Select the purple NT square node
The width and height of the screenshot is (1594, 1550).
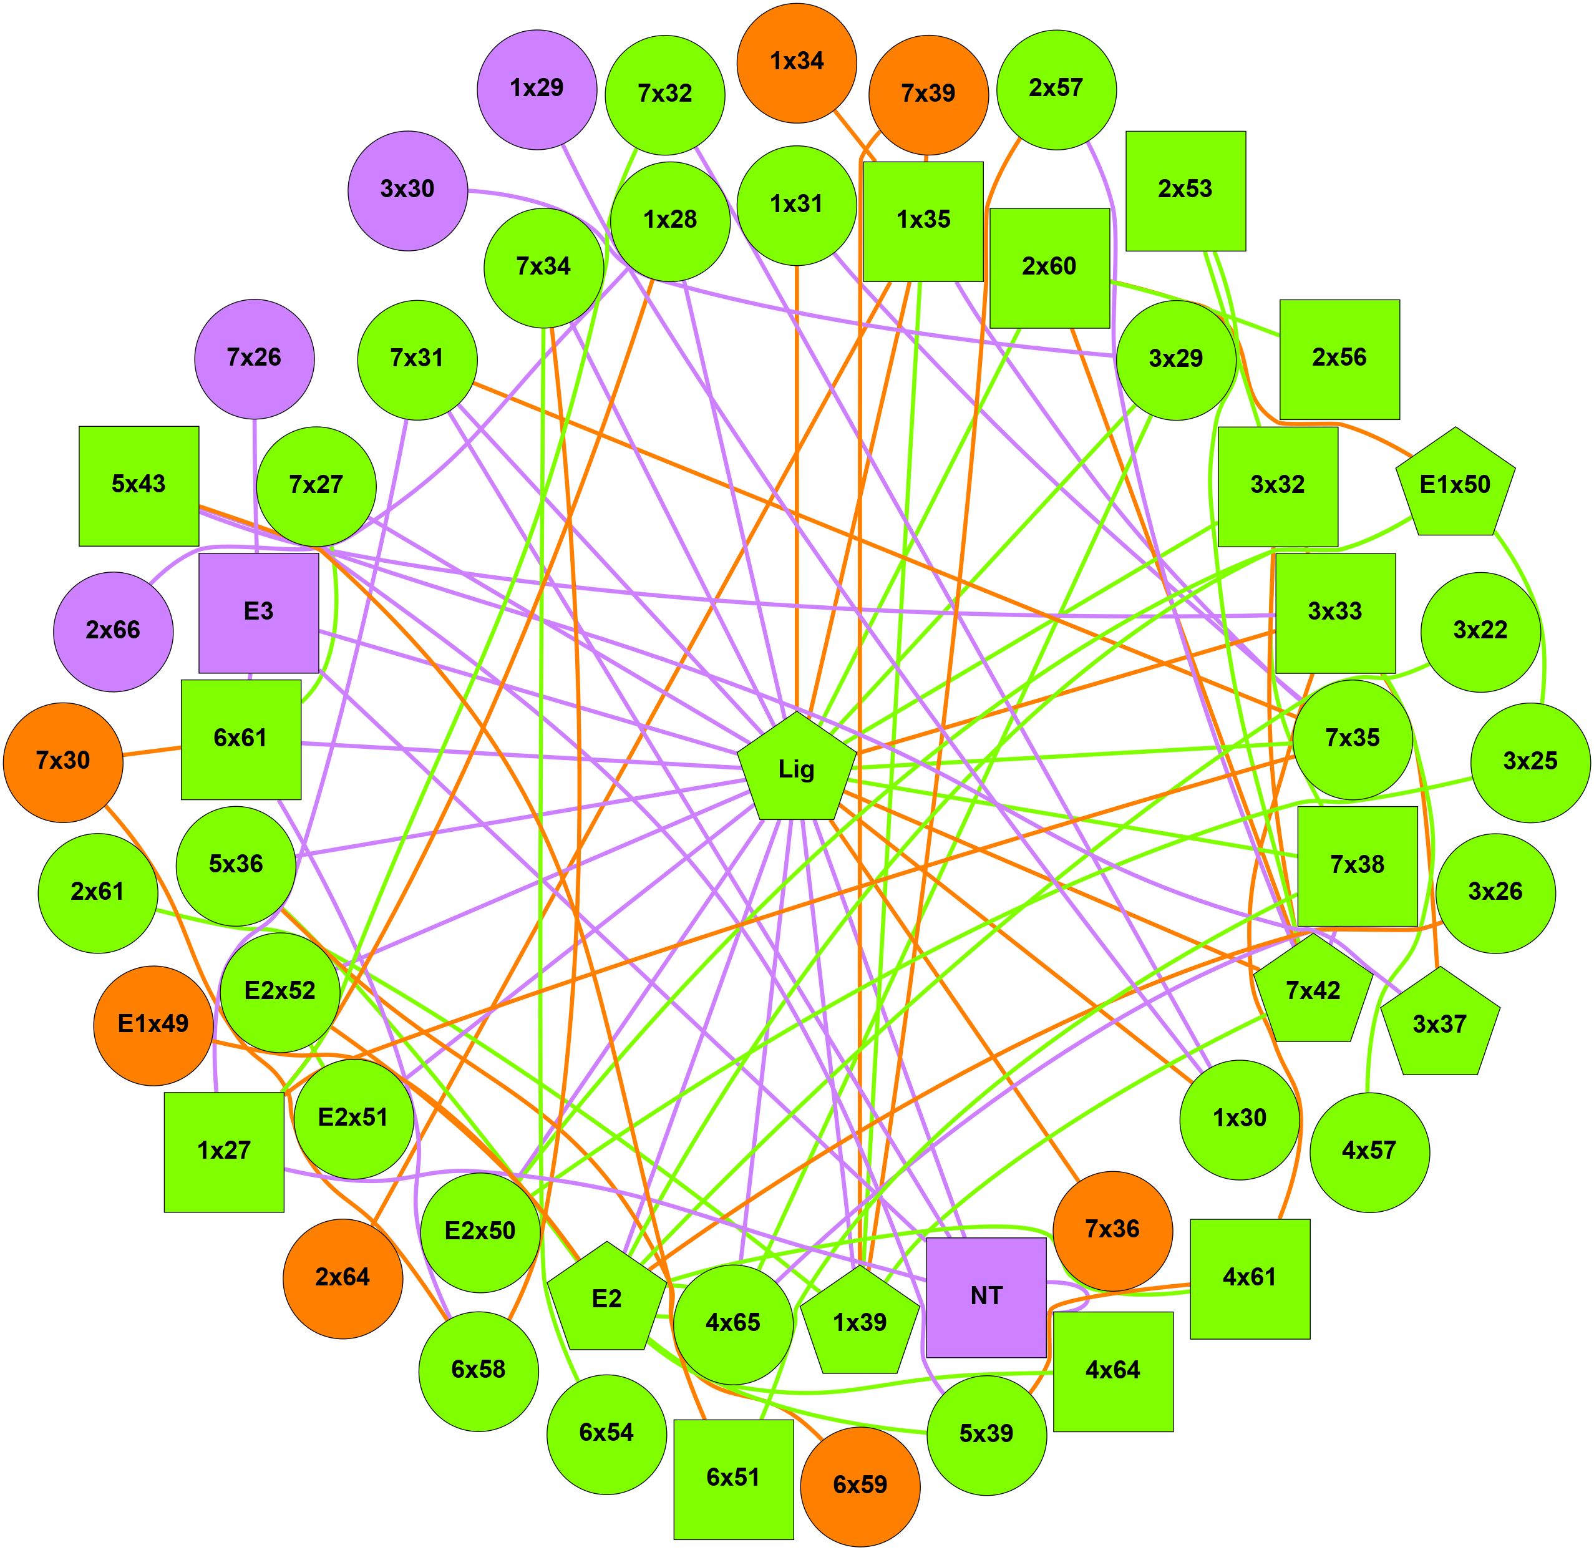coord(986,1298)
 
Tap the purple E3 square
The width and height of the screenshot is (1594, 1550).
coord(259,613)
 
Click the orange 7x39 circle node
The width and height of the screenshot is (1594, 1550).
coord(928,94)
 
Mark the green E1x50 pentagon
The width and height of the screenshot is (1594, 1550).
coord(1455,485)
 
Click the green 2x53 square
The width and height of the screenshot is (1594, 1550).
coord(1185,190)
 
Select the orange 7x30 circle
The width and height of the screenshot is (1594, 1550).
coord(64,762)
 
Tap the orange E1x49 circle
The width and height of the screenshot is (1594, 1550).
coord(154,1025)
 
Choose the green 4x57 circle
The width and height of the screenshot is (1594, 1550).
coord(1369,1152)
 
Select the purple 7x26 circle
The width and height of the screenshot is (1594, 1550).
coord(254,358)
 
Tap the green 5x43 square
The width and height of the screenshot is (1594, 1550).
coord(139,485)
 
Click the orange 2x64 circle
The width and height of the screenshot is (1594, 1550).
coord(343,1278)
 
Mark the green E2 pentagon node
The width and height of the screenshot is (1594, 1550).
coord(606,1299)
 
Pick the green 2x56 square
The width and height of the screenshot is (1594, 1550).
coord(1339,359)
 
